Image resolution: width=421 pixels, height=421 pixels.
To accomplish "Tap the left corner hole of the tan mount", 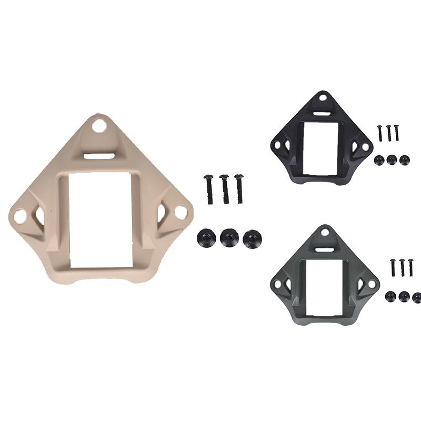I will [19, 215].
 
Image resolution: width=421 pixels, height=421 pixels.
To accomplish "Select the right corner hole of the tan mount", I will [180, 212].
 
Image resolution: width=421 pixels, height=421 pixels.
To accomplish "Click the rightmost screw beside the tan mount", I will [239, 188].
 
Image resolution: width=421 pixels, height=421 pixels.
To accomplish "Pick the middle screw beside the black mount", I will [389, 133].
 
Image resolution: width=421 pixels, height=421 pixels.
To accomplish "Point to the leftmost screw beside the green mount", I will [393, 268].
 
